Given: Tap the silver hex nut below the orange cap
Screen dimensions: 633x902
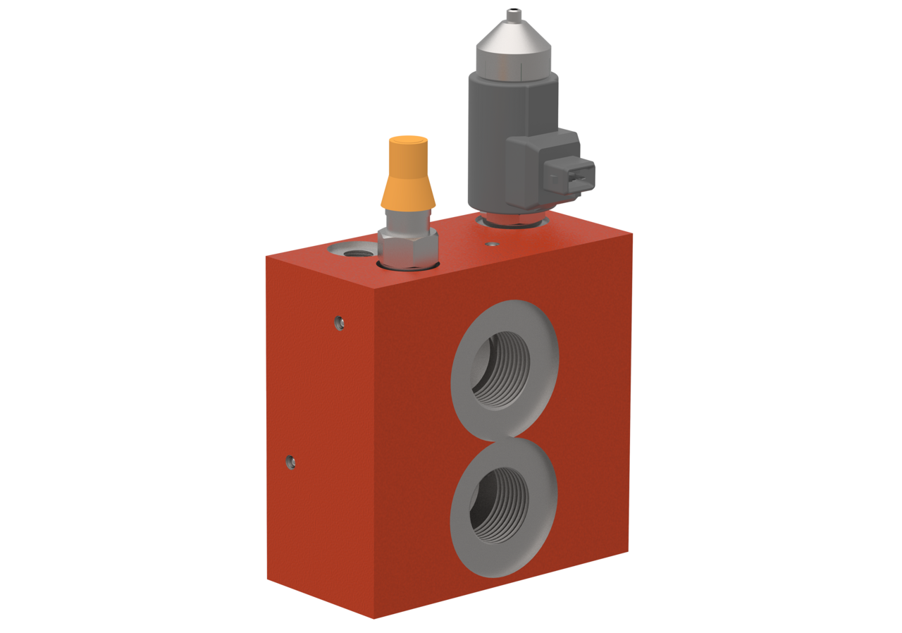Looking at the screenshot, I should (408, 246).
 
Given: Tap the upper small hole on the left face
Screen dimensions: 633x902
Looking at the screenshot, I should (340, 322).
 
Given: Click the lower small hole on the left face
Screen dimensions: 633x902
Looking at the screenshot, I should (290, 462).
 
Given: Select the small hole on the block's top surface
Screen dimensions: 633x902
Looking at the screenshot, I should (490, 245).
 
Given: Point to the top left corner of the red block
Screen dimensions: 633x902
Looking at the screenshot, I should (266, 256).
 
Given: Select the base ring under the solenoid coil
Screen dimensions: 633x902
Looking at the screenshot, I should (511, 221).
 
